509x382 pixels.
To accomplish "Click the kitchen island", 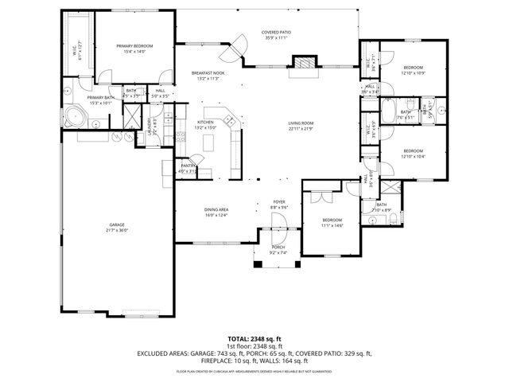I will (x=210, y=143).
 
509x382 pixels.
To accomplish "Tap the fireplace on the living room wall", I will (x=303, y=64).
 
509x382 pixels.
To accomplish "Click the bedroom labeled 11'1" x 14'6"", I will (x=332, y=222).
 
